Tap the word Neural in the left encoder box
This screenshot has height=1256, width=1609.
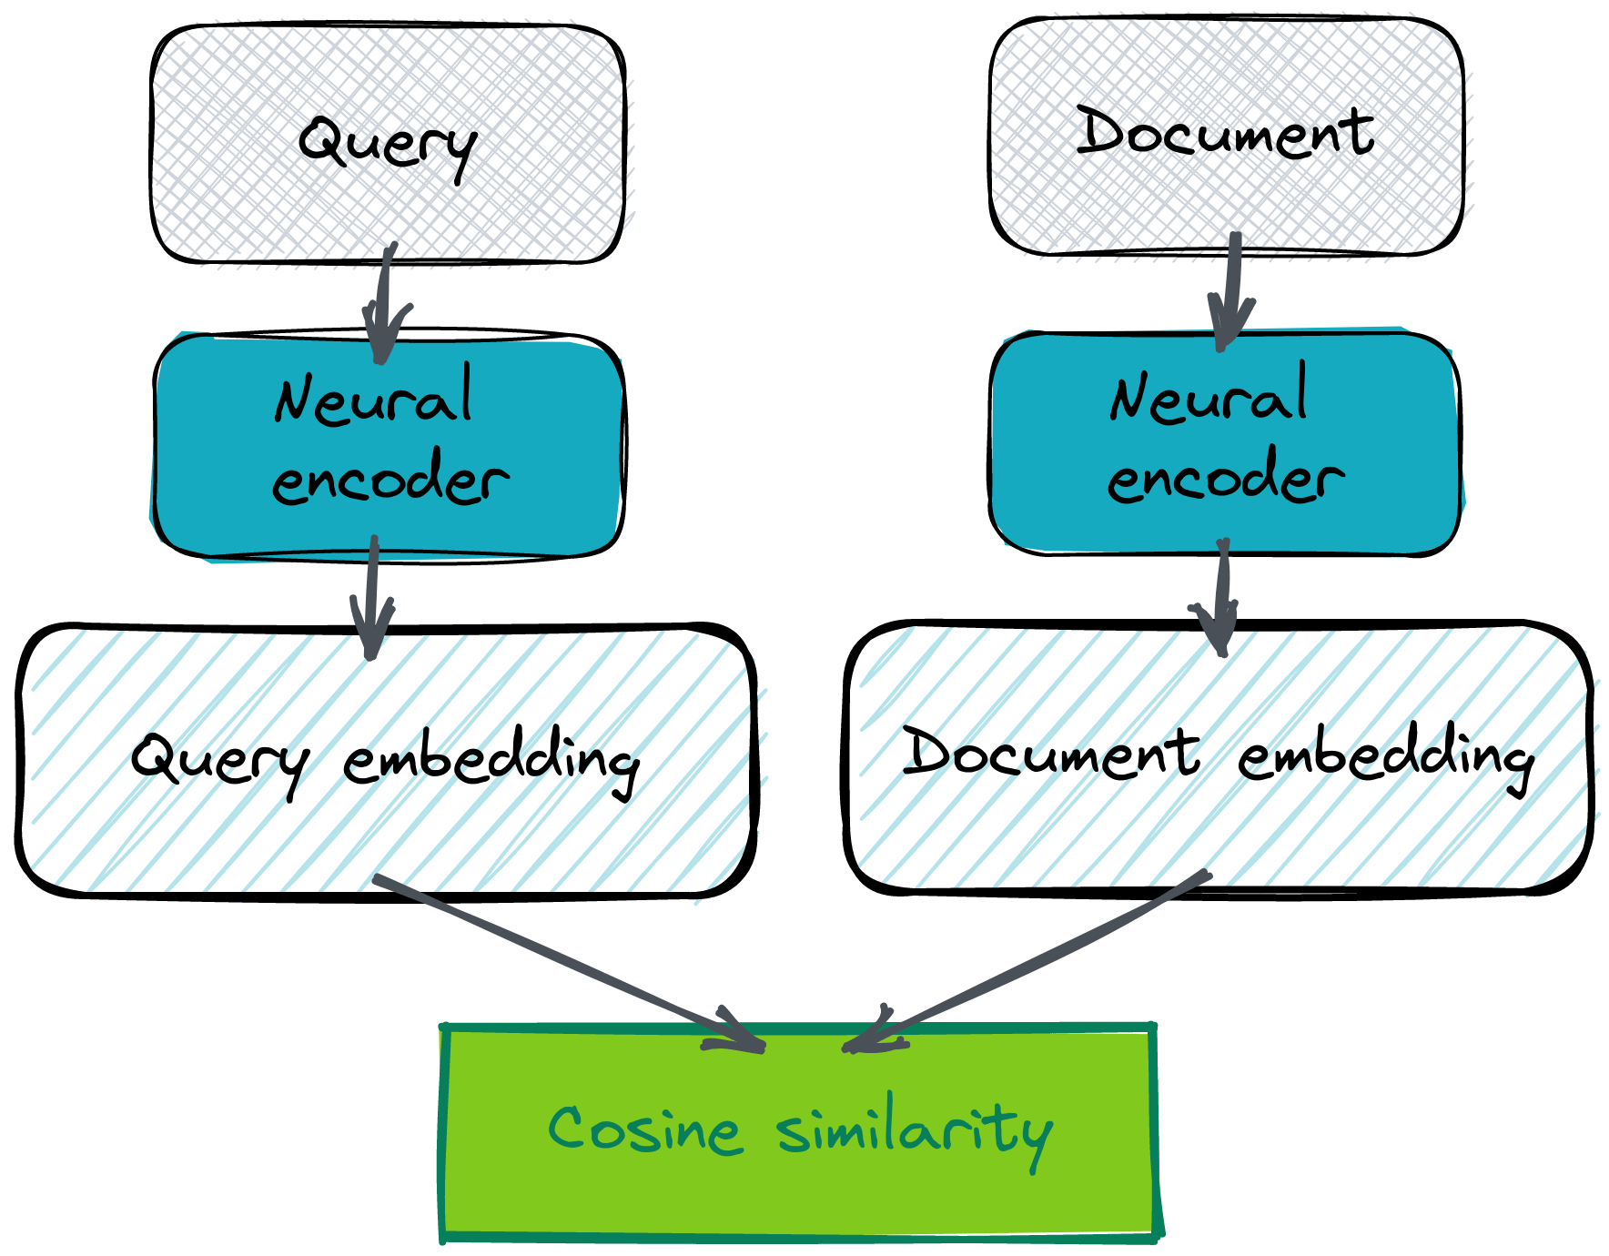tap(373, 397)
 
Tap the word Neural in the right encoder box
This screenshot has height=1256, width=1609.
tap(1208, 396)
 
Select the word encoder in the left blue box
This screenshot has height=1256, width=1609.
tap(390, 479)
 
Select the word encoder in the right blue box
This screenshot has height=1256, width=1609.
tap(1225, 479)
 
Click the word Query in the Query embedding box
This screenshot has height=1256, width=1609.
tap(219, 761)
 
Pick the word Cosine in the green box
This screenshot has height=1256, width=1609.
tap(644, 1129)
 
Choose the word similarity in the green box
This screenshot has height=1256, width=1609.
tap(914, 1131)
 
